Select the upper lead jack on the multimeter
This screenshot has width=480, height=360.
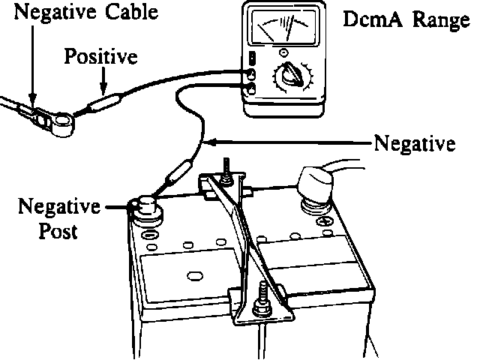253,73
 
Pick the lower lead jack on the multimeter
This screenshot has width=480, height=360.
253,89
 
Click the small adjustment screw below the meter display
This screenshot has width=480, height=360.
283,52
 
